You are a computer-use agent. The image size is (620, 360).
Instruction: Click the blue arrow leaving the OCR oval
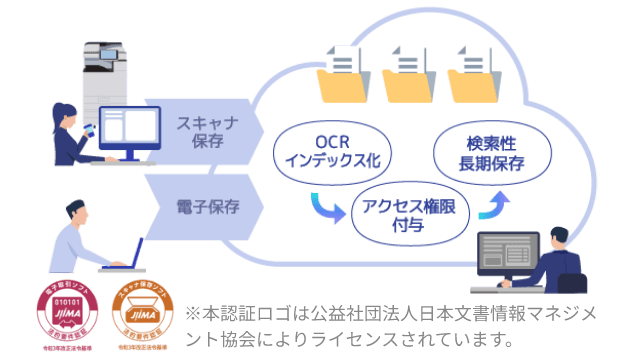330,206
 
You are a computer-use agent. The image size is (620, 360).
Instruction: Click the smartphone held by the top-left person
87,130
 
